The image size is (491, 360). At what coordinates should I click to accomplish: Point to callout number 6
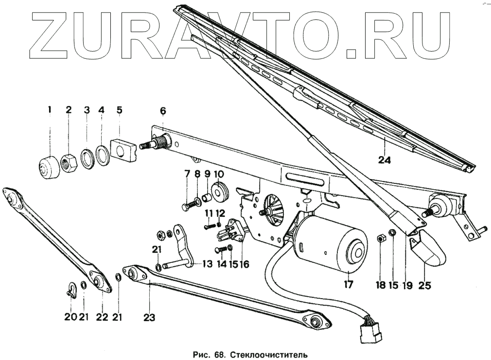pyautogui.click(x=162, y=110)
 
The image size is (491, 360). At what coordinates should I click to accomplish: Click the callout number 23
pyautogui.click(x=149, y=318)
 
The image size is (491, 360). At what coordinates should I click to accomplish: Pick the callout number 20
pyautogui.click(x=70, y=317)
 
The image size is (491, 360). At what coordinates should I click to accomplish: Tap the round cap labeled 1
pyautogui.click(x=47, y=167)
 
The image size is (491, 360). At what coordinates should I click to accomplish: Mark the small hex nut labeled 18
pyautogui.click(x=382, y=239)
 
